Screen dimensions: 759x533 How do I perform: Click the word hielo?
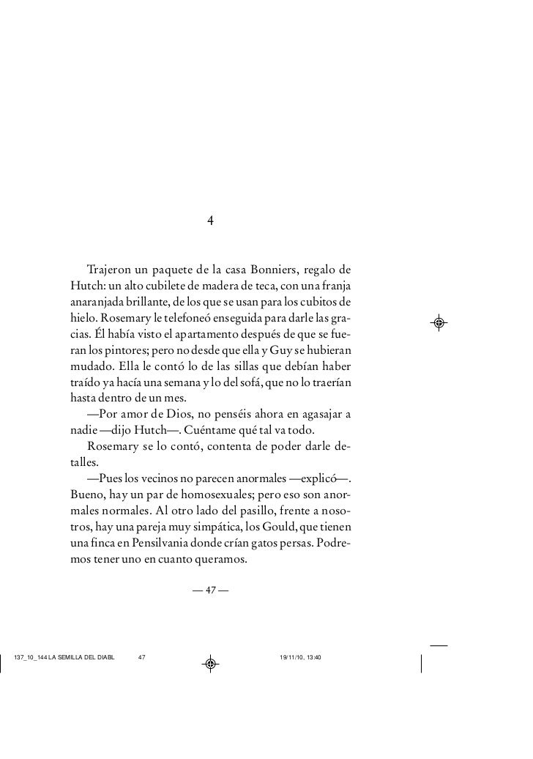pyautogui.click(x=83, y=319)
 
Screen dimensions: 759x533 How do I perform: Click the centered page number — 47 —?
pyautogui.click(x=209, y=590)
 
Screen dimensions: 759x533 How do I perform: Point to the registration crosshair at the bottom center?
pyautogui.click(x=210, y=664)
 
